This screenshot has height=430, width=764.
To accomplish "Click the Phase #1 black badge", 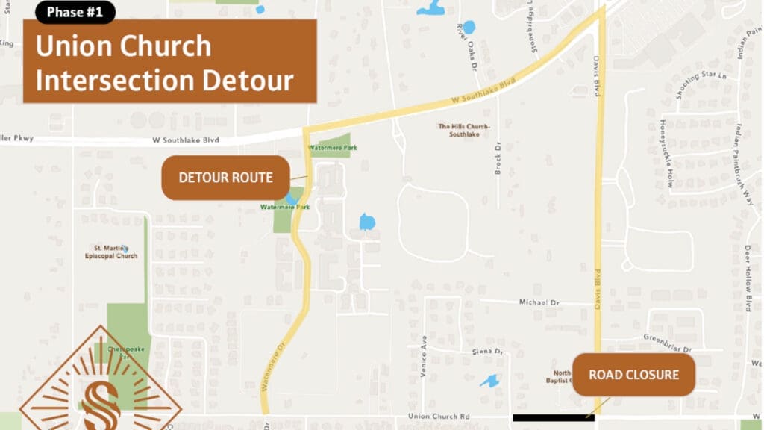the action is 75,12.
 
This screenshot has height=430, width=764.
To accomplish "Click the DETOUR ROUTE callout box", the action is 225,178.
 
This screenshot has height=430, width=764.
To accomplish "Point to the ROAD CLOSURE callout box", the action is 633,374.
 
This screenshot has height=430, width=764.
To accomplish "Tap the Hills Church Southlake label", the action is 464,131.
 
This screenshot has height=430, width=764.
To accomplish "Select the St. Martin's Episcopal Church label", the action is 115,252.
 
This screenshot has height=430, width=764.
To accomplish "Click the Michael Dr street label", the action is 539,302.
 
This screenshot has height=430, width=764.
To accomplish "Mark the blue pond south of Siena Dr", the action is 489,381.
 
